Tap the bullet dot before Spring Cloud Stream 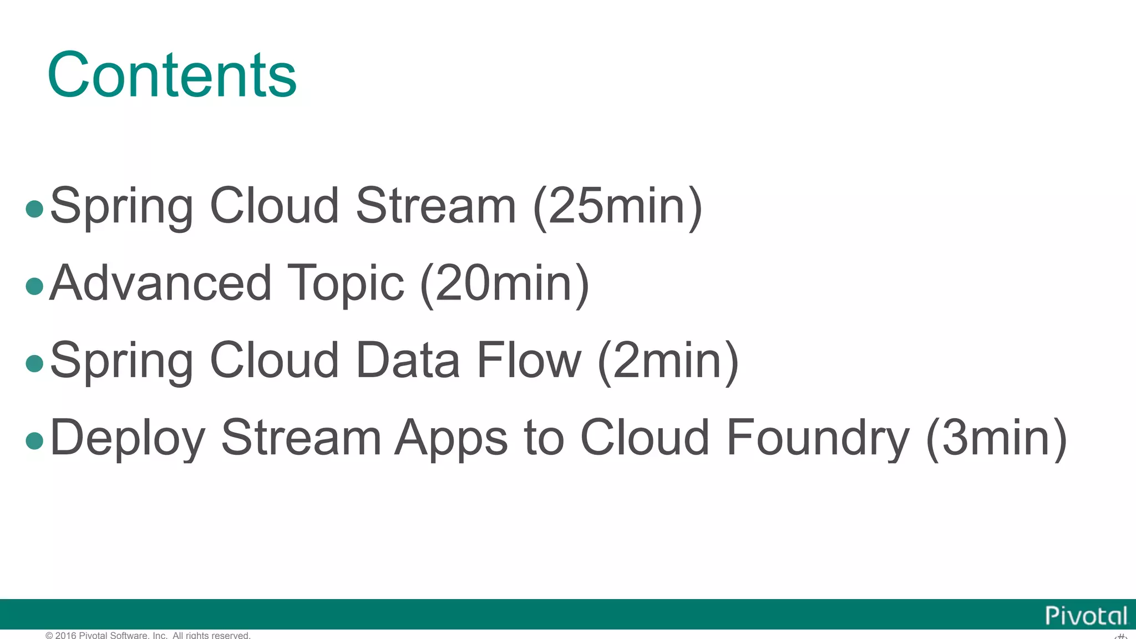pyautogui.click(x=34, y=209)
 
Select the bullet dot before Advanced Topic pyautogui.click(x=34, y=286)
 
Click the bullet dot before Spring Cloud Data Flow pyautogui.click(x=34, y=363)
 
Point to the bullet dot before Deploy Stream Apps pyautogui.click(x=34, y=440)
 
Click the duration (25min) pyautogui.click(x=617, y=206)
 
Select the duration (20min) pyautogui.click(x=505, y=283)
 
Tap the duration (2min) pyautogui.click(x=668, y=361)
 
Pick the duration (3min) pyautogui.click(x=996, y=438)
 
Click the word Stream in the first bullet pyautogui.click(x=436, y=206)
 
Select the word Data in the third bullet pyautogui.click(x=408, y=361)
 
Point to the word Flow pyautogui.click(x=529, y=361)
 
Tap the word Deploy pyautogui.click(x=128, y=438)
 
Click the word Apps pyautogui.click(x=451, y=438)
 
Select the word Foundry pyautogui.click(x=818, y=438)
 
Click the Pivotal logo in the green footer pyautogui.click(x=1086, y=616)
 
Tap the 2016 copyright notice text pyautogui.click(x=148, y=635)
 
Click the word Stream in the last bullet pyautogui.click(x=301, y=438)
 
